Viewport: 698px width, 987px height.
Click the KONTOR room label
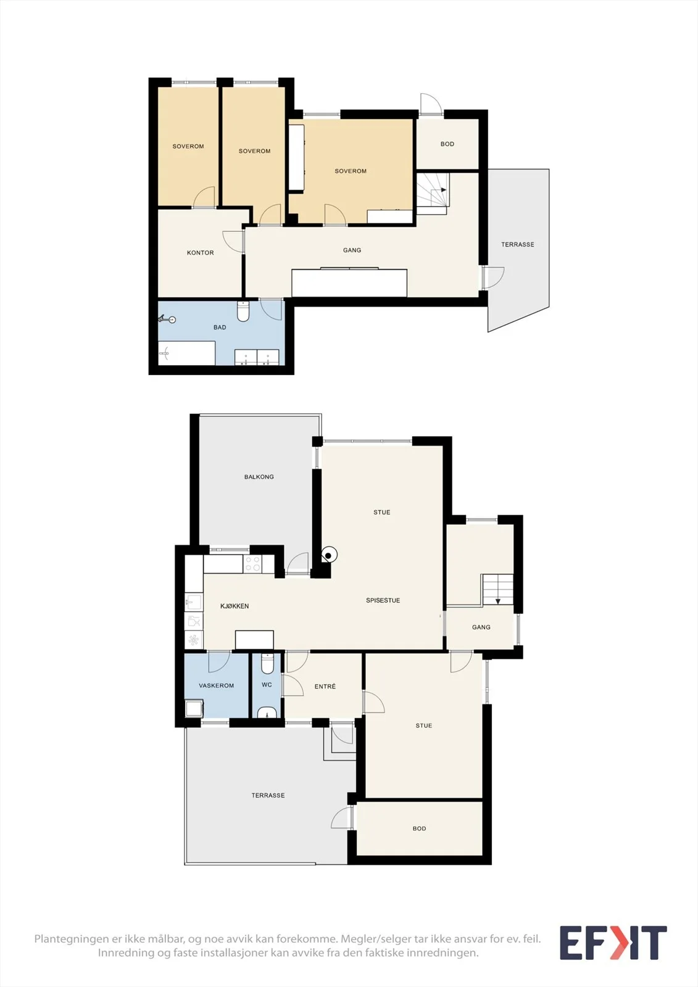click(200, 252)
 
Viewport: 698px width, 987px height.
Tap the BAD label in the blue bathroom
click(220, 327)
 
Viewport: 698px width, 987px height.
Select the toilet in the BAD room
click(243, 311)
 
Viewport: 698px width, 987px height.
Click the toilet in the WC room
click(267, 664)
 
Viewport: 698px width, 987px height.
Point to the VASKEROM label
click(216, 685)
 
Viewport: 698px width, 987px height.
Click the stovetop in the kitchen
click(252, 564)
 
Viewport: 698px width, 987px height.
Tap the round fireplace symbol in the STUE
click(329, 555)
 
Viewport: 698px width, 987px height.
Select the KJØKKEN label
click(235, 606)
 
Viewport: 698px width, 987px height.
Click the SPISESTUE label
click(383, 600)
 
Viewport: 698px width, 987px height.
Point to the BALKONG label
click(259, 476)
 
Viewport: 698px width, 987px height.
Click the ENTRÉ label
click(325, 686)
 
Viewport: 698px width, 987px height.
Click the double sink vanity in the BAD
click(257, 357)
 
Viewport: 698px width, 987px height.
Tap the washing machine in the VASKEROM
click(194, 709)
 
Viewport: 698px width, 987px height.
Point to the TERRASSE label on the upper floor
click(518, 244)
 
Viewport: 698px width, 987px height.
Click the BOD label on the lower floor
click(419, 828)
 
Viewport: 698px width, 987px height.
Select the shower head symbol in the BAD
click(167, 319)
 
